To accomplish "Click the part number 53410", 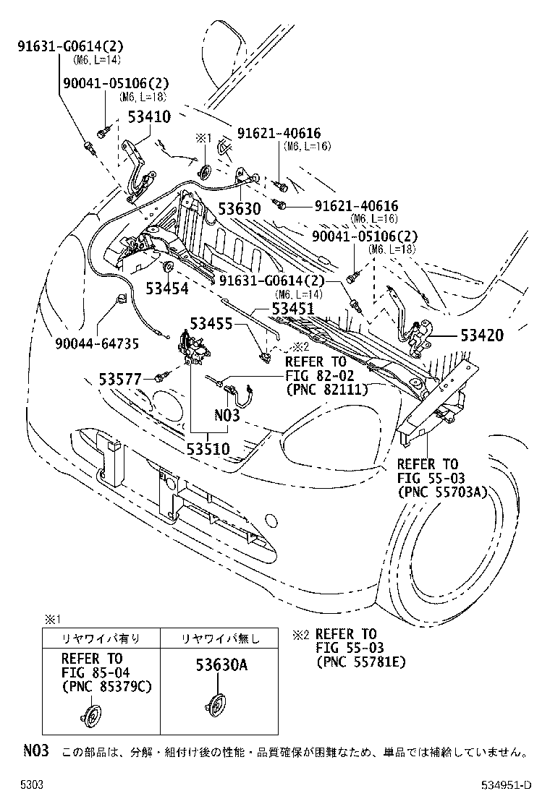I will pyautogui.click(x=149, y=116).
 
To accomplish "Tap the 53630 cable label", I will pyautogui.click(x=239, y=209).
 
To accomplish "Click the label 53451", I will pyautogui.click(x=292, y=308).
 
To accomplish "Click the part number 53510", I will pyautogui.click(x=209, y=449).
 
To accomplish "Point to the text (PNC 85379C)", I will pyautogui.click(x=106, y=685).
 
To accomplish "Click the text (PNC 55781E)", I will pyautogui.click(x=361, y=661).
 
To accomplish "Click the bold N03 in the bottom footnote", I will pyautogui.click(x=35, y=751).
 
